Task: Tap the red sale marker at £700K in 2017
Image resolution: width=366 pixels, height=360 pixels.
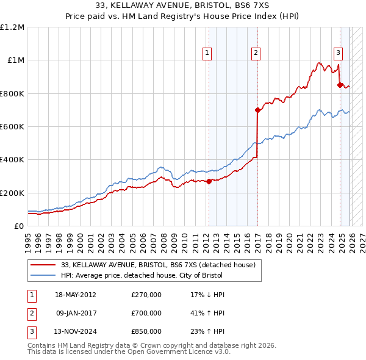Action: coord(257,110)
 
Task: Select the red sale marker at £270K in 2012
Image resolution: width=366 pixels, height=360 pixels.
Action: coord(209,181)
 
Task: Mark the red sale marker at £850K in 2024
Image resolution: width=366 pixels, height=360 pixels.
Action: coord(340,85)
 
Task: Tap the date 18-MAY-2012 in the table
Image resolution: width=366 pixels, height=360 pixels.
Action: coord(76,295)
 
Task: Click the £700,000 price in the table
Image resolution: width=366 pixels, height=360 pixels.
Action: coord(146,313)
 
